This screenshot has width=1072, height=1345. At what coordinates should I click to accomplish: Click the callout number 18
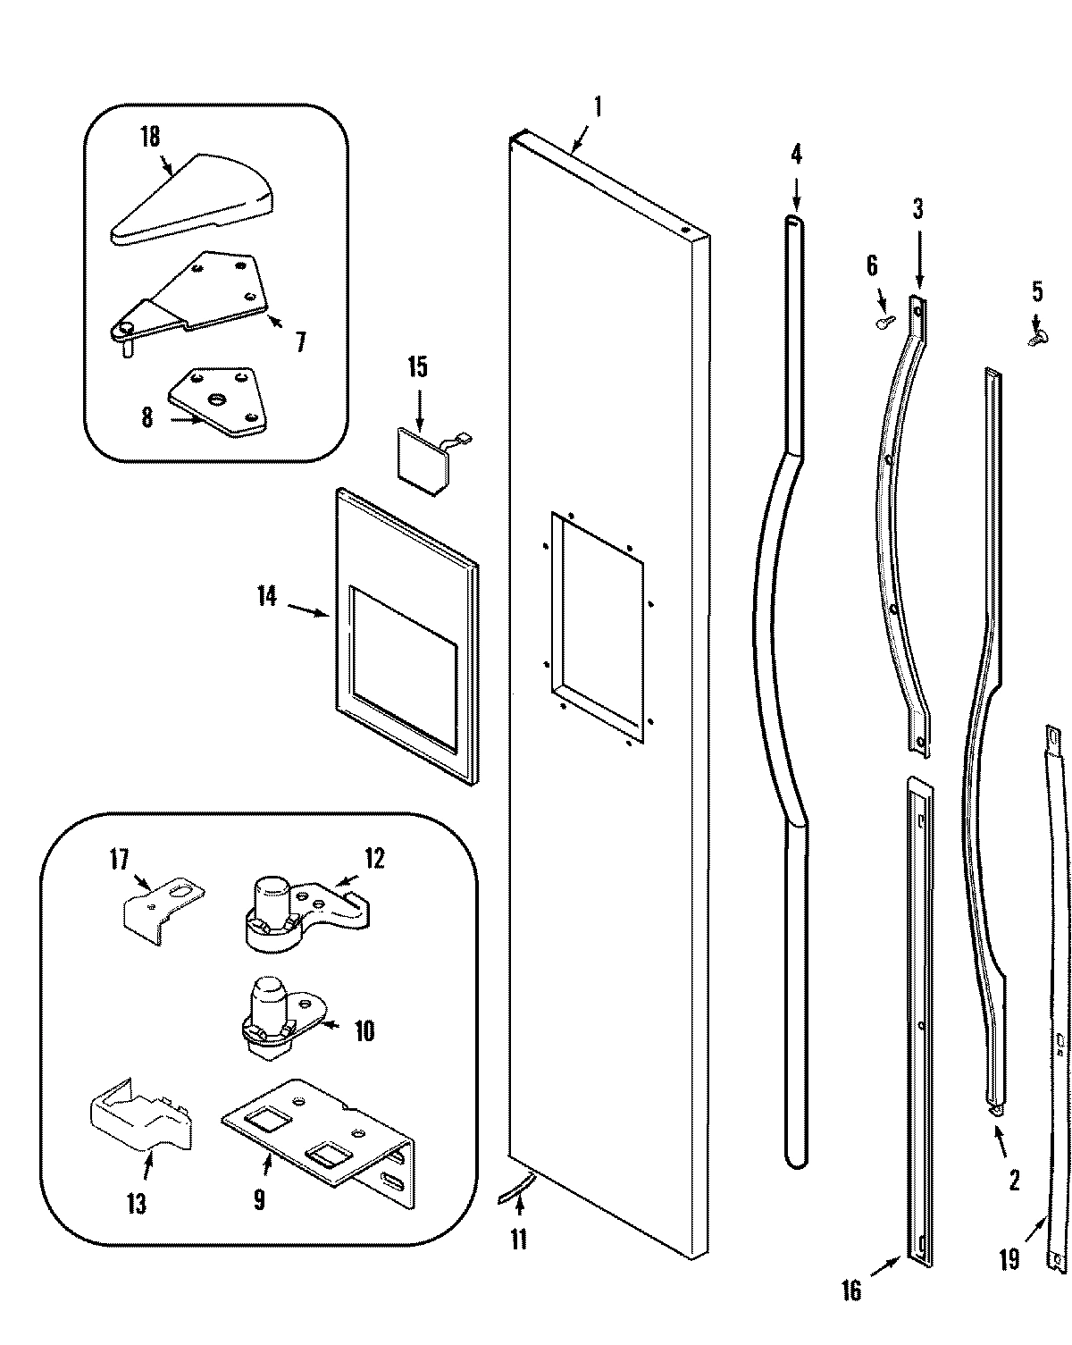(149, 137)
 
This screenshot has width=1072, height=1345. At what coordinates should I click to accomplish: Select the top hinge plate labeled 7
(205, 294)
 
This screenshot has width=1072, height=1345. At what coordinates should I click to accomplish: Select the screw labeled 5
(1037, 337)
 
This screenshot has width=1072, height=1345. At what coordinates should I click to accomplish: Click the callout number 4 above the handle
(796, 155)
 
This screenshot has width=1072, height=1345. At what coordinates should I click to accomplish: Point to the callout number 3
(917, 210)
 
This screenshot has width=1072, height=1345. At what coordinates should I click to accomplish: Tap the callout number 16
(850, 1290)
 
